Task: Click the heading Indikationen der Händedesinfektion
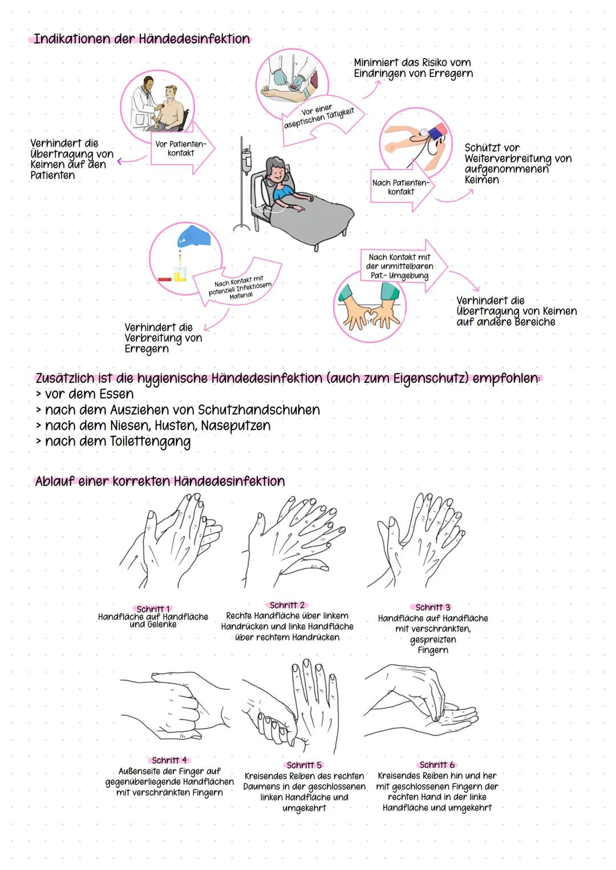pyautogui.click(x=141, y=39)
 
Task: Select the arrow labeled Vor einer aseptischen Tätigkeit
pyautogui.click(x=321, y=118)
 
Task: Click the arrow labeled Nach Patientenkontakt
pyautogui.click(x=401, y=187)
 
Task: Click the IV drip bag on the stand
pyautogui.click(x=246, y=160)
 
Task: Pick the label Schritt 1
pyautogui.click(x=153, y=609)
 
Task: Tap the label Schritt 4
pyautogui.click(x=169, y=760)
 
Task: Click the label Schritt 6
pyautogui.click(x=437, y=764)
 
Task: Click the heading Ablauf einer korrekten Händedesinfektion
pyautogui.click(x=160, y=481)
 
